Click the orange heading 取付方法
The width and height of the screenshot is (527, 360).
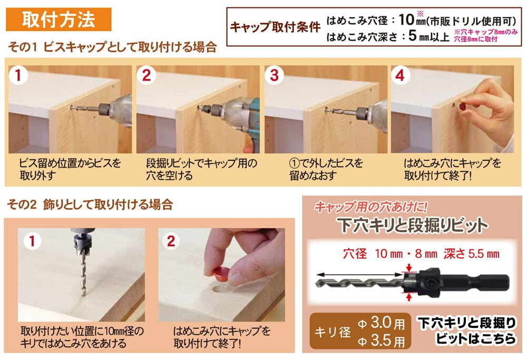click(58, 20)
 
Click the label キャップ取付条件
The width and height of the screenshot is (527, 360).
click(275, 27)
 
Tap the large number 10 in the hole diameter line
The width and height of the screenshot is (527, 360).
click(406, 20)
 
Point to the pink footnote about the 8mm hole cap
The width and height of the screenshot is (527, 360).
click(486, 35)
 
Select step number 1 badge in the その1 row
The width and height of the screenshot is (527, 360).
click(18, 75)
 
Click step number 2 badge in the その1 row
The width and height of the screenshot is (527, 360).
click(146, 75)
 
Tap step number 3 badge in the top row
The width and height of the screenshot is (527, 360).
click(274, 75)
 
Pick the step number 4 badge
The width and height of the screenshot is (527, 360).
click(400, 75)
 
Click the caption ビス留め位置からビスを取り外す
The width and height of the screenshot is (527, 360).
click(70, 169)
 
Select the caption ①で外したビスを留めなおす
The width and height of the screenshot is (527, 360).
click(326, 169)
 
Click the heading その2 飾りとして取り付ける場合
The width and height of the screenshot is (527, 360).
click(90, 205)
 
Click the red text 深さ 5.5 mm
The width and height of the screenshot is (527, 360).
click(471, 254)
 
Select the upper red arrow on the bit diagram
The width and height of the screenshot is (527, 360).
click(409, 268)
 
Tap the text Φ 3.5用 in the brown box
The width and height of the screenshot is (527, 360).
click(381, 341)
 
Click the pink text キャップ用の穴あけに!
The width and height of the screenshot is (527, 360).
click(370, 207)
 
